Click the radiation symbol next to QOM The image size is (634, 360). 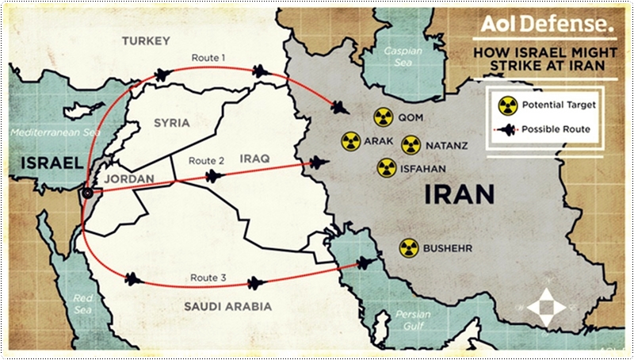click(x=383, y=117)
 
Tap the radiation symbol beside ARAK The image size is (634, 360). click(x=351, y=142)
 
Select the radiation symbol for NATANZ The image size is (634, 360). click(x=411, y=145)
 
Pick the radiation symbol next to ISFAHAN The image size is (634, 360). click(x=387, y=167)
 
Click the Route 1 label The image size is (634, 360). click(x=208, y=58)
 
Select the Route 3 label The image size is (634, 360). click(x=208, y=278)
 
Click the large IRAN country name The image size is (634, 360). click(x=460, y=193)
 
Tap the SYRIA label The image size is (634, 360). click(x=172, y=123)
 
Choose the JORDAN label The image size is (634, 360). click(x=129, y=179)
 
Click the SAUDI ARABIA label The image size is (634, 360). click(x=228, y=306)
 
